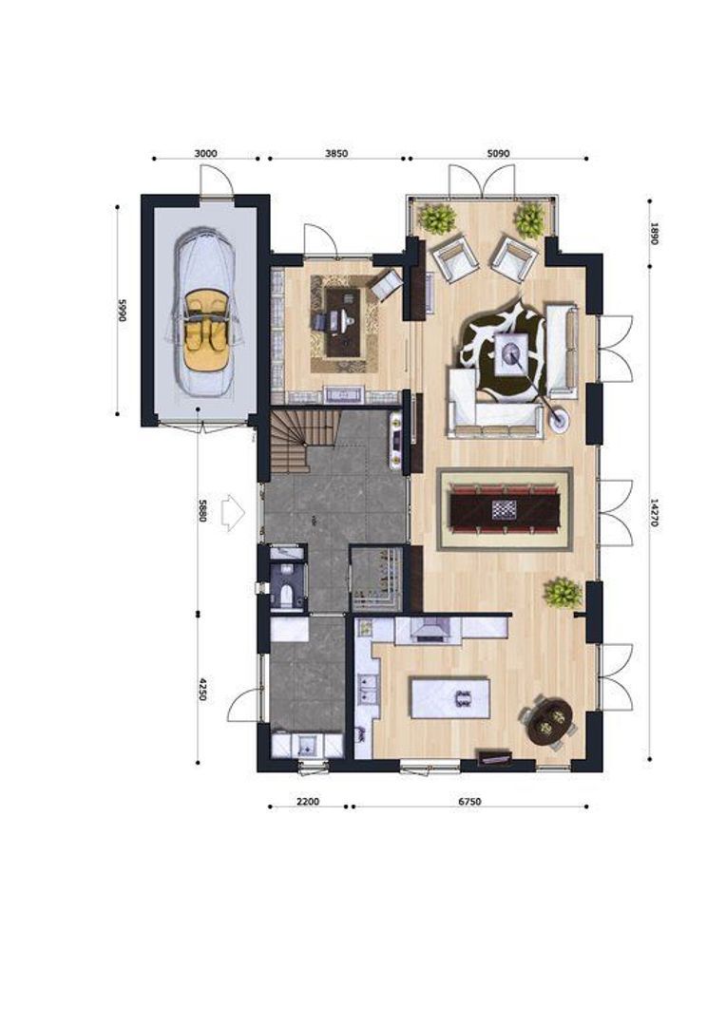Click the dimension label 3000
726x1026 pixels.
pos(205,154)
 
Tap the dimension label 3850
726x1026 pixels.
pos(336,154)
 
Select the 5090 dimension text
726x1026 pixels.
pos(498,154)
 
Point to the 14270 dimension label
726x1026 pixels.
pos(654,514)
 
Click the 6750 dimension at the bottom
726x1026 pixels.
pos(469,802)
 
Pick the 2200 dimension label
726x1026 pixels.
pos(307,802)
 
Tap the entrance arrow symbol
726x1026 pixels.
pos(233,512)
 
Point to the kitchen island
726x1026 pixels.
pos(449,698)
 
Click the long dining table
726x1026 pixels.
pos(504,508)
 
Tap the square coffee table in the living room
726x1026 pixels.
pos(512,354)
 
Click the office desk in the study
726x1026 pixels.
pos(343,322)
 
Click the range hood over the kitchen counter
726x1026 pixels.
pos(428,629)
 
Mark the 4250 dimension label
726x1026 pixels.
pos(203,689)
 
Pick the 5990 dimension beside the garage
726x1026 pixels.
pos(121,311)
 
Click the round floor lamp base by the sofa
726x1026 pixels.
pos(559,419)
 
